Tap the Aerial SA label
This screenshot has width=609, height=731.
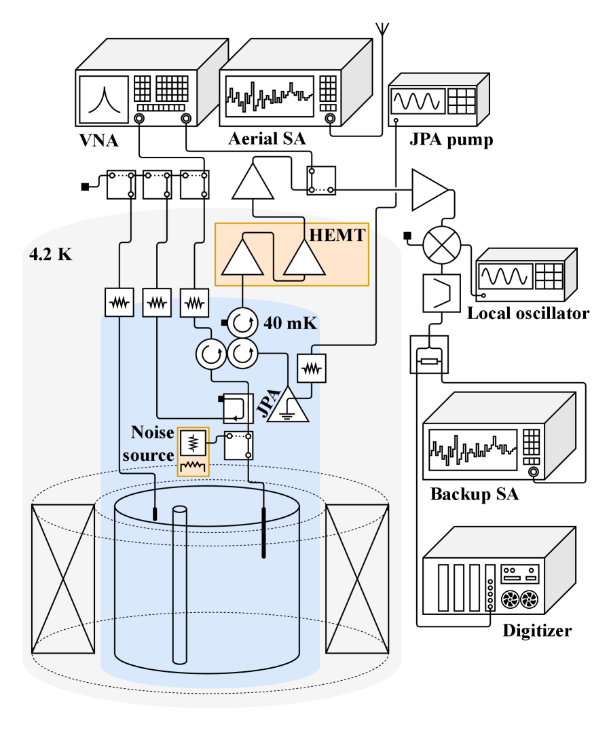[x=267, y=140]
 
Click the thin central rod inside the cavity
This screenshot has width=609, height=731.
[x=179, y=584]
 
